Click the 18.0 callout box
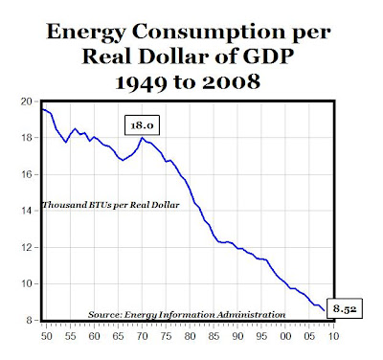click(142, 125)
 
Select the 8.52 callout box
click(345, 308)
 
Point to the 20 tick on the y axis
click(27, 101)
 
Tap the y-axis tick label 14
click(27, 211)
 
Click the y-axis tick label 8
click(30, 320)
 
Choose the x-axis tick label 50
click(47, 336)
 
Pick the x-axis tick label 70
click(143, 336)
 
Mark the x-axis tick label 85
click(214, 336)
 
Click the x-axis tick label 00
click(285, 336)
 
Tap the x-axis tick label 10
click(333, 336)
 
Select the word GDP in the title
click(268, 56)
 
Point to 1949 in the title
click(141, 82)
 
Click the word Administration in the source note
click(251, 315)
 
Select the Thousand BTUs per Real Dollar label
click(111, 205)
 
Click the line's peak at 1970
click(142, 138)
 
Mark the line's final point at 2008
click(325, 310)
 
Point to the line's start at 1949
click(42, 109)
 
